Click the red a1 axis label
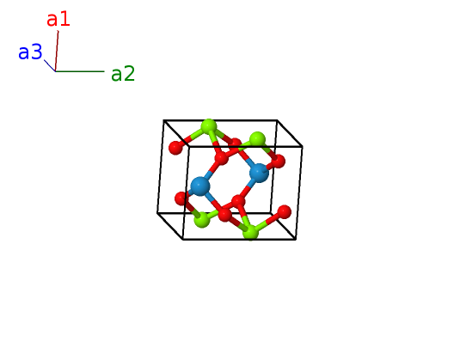click(58, 20)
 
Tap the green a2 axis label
click(123, 74)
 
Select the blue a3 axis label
click(30, 52)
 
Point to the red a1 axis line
click(57, 51)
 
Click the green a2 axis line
click(80, 71)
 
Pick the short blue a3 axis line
click(50, 65)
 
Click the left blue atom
click(200, 186)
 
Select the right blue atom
click(259, 173)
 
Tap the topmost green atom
click(209, 127)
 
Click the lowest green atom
click(251, 232)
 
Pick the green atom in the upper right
click(257, 139)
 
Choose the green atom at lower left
click(202, 219)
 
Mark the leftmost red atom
click(175, 148)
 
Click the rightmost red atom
click(284, 212)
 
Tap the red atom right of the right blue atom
click(278, 162)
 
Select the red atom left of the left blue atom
click(181, 198)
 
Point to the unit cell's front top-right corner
click(302, 146)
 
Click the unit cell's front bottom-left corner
click(183, 239)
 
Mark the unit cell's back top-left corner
click(163, 120)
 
